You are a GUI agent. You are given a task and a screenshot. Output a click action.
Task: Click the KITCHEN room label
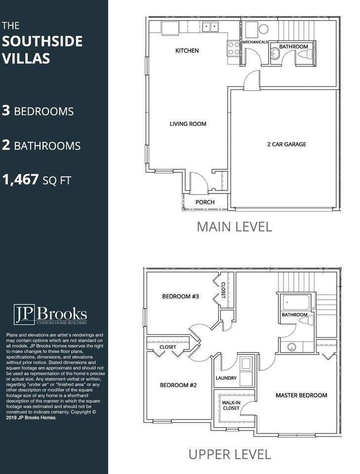tap(187, 50)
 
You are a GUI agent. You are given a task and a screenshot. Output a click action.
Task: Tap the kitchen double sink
tap(210, 27)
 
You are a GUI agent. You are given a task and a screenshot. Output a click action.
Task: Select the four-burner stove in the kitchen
tap(234, 48)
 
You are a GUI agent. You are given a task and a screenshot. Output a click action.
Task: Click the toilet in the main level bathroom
tap(305, 55)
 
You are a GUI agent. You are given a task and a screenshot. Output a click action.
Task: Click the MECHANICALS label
tap(255, 42)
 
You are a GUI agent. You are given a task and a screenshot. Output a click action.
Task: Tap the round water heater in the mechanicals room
tap(263, 29)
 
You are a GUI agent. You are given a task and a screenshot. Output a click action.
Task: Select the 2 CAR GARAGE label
tap(286, 144)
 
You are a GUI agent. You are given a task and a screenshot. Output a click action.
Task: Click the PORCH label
tap(205, 202)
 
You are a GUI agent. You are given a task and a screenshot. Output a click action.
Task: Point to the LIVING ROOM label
tap(188, 123)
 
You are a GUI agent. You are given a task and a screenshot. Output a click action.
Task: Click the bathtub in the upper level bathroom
tap(296, 302)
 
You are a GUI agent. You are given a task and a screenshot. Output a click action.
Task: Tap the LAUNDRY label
tap(226, 378)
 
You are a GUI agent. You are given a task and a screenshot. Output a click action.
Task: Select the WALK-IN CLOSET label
tap(231, 405)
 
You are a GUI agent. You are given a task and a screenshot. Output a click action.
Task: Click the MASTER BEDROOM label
tap(301, 395)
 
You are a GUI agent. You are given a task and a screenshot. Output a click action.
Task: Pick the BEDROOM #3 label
tap(180, 296)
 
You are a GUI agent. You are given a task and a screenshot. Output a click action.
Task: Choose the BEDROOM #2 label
tap(178, 385)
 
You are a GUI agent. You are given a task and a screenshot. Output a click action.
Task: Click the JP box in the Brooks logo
tap(24, 315)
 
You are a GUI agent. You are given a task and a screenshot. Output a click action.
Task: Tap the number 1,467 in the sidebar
tap(21, 180)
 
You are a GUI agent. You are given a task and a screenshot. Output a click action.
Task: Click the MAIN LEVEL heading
tap(234, 227)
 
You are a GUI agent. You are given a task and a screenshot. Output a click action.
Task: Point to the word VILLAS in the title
tap(26, 58)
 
